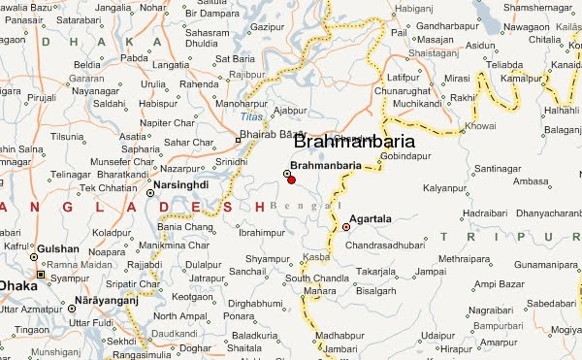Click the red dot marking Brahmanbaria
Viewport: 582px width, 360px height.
pyautogui.click(x=291, y=180)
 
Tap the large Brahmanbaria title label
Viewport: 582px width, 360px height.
pyautogui.click(x=353, y=142)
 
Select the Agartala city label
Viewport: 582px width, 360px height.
pyautogui.click(x=371, y=219)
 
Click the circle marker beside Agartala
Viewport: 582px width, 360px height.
pyautogui.click(x=346, y=227)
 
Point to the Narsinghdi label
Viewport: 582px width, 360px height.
pyautogui.click(x=181, y=183)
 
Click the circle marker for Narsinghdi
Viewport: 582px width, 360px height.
pyautogui.click(x=149, y=193)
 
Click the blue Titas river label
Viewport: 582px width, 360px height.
pyautogui.click(x=249, y=116)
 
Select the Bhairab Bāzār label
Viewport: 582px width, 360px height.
pyautogui.click(x=274, y=133)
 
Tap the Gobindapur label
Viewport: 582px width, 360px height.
pyautogui.click(x=404, y=155)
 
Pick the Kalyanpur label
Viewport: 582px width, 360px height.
pyautogui.click(x=445, y=185)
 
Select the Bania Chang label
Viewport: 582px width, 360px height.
pyautogui.click(x=184, y=226)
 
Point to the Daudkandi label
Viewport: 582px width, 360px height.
pyautogui.click(x=174, y=332)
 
